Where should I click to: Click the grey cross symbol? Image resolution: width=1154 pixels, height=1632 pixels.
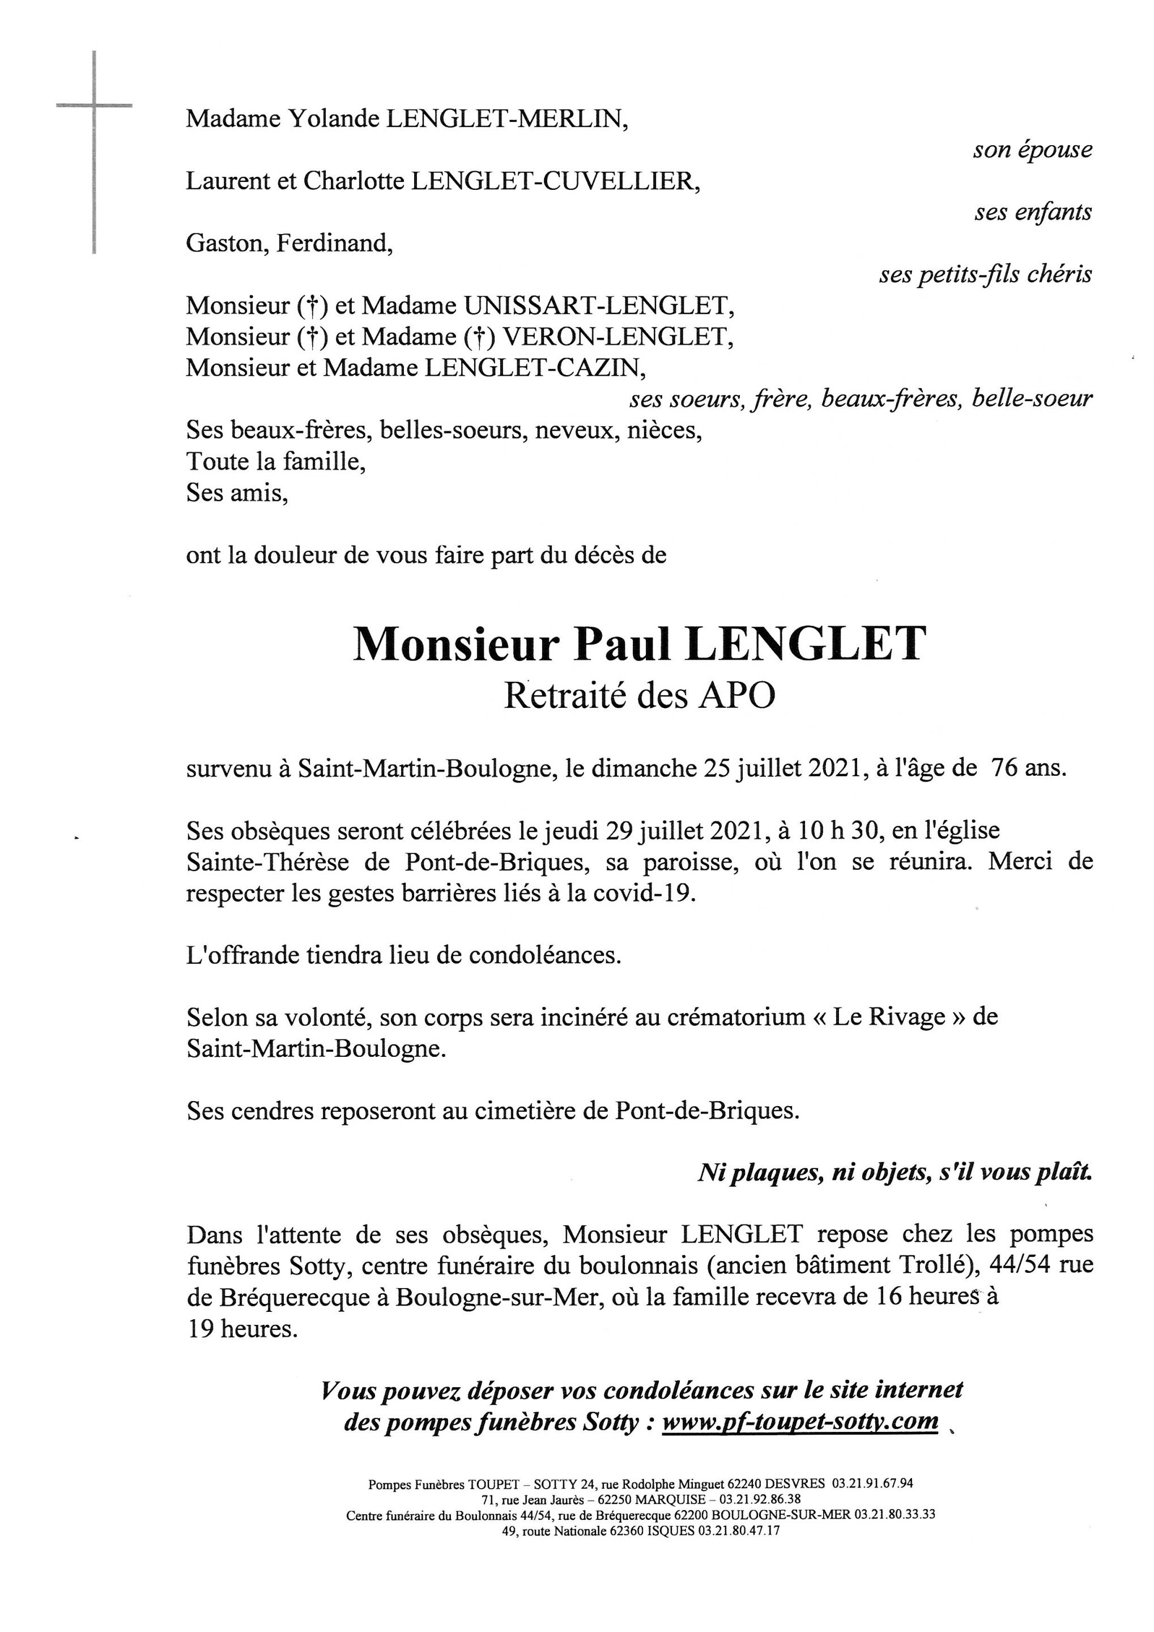tap(94, 107)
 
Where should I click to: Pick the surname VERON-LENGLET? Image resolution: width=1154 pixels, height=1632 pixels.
tap(617, 337)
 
